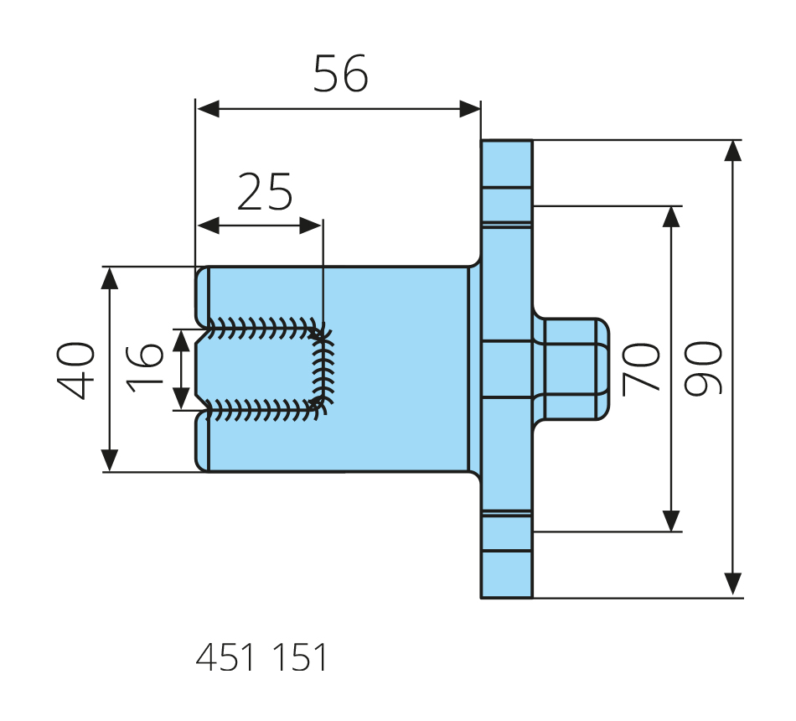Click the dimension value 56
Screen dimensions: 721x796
340,75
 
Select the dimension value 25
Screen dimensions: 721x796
265,192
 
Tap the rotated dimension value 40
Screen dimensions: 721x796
76,370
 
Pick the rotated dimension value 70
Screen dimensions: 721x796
643,369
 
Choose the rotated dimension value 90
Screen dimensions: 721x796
702,369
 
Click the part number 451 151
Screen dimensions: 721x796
261,658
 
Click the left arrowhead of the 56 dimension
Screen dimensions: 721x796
206,109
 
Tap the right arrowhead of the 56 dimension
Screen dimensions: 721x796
470,109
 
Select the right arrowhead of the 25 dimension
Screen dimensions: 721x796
312,226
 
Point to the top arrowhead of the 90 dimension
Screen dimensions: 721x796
733,150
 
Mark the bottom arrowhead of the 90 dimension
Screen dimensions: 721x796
733,584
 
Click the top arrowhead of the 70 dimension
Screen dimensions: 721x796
670,216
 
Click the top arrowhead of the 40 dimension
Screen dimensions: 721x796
109,278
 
